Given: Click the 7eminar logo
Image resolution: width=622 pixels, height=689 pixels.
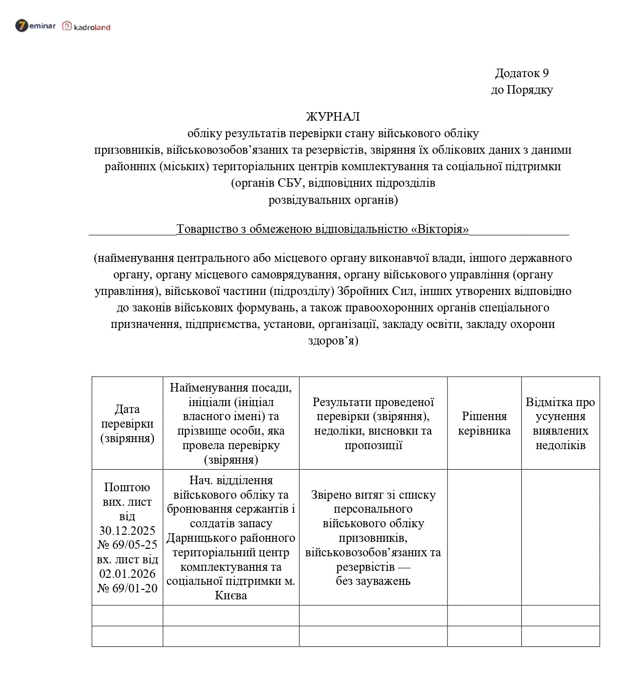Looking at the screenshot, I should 35,26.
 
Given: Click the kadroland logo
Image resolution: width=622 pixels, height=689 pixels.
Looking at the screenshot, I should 86,27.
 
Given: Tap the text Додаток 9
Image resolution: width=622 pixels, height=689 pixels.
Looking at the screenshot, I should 522,73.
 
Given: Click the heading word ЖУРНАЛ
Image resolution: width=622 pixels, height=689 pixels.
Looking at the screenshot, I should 333,117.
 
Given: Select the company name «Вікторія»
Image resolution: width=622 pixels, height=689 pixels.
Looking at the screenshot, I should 440,229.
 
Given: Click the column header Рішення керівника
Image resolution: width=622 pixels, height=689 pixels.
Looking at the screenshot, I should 484,423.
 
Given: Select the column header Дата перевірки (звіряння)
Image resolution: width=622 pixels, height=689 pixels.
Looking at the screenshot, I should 127,424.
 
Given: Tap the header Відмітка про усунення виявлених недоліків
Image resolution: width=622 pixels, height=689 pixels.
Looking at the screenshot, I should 560,423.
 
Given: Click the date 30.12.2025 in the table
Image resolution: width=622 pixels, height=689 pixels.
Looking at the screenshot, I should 127,530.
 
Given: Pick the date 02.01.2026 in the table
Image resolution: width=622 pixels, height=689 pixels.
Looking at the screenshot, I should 127,573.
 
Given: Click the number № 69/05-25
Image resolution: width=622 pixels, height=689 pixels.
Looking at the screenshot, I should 127,544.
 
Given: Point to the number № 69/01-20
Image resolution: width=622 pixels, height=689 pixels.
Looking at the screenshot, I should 127,588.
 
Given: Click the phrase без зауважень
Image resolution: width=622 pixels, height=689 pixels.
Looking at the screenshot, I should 373,581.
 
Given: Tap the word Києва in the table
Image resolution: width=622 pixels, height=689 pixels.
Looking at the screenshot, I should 231,595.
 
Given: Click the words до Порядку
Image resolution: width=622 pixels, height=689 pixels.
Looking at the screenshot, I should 522,90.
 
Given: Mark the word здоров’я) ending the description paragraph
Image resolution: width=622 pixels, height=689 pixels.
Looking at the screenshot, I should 333,340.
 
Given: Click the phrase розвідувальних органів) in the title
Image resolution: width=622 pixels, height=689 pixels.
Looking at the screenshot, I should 333,200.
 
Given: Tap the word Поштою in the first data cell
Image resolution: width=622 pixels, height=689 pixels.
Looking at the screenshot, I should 127,487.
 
